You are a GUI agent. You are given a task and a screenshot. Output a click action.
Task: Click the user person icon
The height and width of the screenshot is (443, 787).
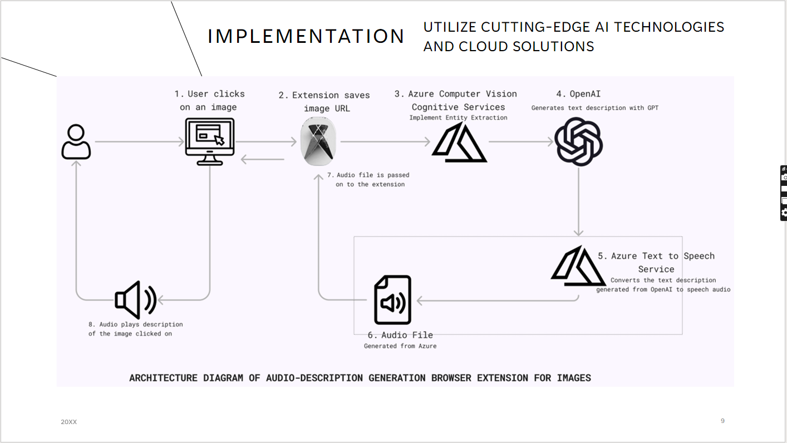pos(76,142)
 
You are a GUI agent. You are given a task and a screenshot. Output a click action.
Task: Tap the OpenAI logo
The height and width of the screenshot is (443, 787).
pos(579,142)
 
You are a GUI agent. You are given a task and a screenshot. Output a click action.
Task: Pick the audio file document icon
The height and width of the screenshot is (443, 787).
pos(392,300)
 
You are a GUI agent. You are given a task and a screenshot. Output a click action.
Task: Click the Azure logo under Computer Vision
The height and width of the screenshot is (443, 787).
pos(459,143)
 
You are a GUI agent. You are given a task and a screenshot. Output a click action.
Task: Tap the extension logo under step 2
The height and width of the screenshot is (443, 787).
pos(318,142)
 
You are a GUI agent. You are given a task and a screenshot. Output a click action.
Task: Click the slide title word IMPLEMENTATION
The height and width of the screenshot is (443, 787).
pos(306,37)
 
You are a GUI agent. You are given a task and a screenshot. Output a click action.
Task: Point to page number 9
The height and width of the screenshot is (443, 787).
pos(722,421)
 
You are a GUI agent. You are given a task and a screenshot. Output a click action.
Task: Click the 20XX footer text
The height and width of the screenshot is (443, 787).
pos(69,422)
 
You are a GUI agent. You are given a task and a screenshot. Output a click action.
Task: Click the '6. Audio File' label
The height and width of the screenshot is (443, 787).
pos(400,335)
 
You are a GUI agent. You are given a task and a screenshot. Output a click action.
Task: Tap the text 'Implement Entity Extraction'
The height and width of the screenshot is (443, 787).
pos(458,117)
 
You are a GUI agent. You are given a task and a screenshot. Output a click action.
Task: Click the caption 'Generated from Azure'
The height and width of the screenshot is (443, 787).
pos(400,346)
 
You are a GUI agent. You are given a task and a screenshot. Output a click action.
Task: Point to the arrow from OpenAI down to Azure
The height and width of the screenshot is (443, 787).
pos(579,200)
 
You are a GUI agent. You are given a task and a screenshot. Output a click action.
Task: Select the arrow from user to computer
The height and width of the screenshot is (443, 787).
pos(139,142)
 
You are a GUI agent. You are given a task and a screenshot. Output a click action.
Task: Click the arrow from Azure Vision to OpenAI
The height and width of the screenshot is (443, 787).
pos(521,142)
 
